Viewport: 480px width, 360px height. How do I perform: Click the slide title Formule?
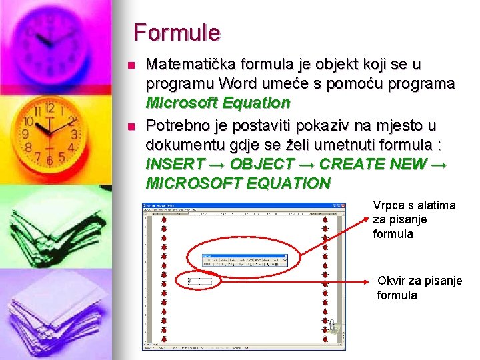click(176, 32)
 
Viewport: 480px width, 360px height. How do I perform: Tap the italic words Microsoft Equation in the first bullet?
click(218, 103)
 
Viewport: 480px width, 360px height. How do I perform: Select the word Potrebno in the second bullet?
click(175, 125)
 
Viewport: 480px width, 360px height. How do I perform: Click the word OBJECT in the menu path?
click(257, 164)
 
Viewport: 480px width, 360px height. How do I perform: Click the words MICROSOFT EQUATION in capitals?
click(237, 183)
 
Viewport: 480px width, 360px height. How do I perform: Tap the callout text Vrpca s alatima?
click(414, 205)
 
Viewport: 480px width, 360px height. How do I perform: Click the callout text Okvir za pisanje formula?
click(419, 287)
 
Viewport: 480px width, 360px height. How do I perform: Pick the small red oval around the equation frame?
click(201, 282)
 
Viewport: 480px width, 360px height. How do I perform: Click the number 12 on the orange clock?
click(50, 108)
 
